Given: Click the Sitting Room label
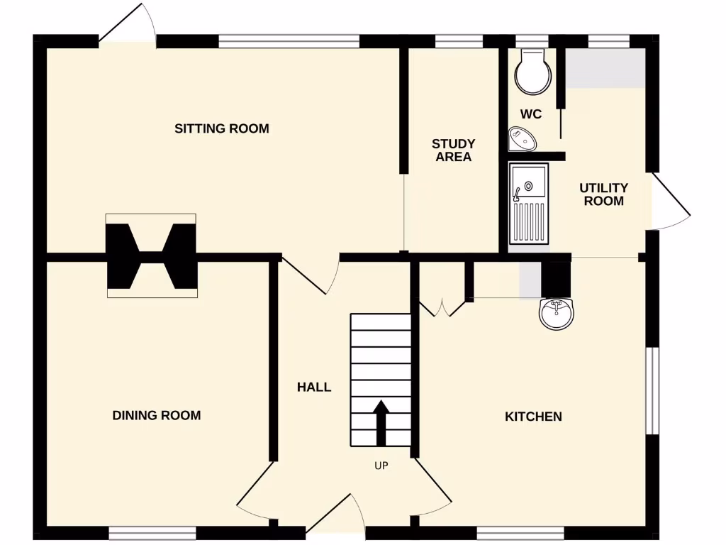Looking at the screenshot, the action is (222, 128).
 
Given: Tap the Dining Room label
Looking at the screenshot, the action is (157, 415).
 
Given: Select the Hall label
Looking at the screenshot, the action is (314, 387).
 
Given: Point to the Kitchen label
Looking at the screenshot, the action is (533, 417).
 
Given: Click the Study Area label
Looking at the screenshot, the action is (453, 150).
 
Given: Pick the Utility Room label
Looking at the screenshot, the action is (604, 194).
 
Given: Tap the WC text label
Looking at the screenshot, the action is (530, 114).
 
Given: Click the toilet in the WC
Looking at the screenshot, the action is (533, 72).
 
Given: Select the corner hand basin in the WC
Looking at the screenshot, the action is (522, 138).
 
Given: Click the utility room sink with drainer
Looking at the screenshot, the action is (528, 204).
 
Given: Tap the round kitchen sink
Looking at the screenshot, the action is (556, 313).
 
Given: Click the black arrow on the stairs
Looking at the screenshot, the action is (381, 423).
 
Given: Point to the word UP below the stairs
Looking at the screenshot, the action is (381, 466).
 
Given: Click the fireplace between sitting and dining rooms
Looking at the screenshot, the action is (152, 255).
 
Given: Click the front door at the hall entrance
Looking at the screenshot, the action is (335, 517).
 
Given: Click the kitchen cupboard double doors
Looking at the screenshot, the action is (442, 308).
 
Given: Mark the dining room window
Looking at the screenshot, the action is (152, 533).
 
